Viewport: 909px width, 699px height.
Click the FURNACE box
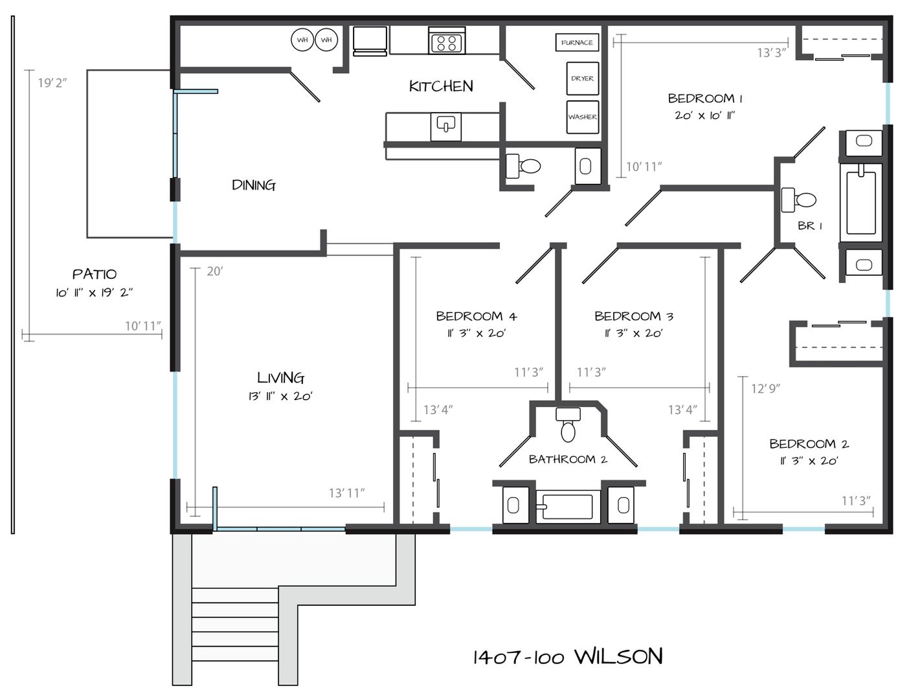577,42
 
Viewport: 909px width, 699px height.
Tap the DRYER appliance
582,78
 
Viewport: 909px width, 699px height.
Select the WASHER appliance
582,117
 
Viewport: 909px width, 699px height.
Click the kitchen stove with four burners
446,41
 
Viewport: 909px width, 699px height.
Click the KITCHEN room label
441,87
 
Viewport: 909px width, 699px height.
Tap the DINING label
254,185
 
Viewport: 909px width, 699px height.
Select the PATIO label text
95,274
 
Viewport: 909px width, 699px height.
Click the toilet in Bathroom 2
568,425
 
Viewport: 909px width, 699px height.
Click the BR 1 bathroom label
810,226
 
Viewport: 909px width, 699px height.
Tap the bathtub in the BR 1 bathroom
861,203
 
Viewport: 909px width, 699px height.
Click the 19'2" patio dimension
52,83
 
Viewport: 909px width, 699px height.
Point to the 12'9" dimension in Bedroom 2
765,389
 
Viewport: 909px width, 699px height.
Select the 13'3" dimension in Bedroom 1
771,52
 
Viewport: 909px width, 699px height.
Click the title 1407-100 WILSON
568,657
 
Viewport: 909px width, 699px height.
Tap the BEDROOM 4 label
477,316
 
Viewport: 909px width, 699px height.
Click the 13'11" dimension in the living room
346,493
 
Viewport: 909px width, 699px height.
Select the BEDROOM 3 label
634,316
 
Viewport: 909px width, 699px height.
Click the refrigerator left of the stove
370,41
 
